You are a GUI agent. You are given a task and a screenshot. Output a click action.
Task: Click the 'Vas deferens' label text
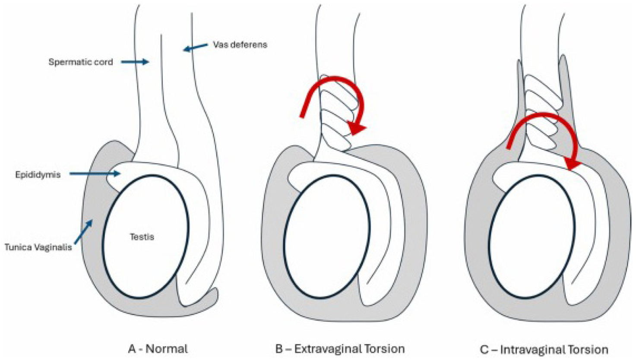coord(240,44)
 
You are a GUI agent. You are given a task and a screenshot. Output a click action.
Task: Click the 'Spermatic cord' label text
coord(80,62)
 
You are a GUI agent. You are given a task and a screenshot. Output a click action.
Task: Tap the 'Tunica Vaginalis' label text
coord(38,247)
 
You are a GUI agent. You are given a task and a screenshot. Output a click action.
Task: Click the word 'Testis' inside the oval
coord(142,237)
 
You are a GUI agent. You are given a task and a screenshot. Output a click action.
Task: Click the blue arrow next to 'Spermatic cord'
coord(135,62)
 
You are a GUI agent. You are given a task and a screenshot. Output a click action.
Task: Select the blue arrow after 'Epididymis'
coord(95,174)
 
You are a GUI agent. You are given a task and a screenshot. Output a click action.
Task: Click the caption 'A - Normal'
coord(158,348)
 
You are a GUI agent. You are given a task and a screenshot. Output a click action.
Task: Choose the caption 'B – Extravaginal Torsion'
coord(340,348)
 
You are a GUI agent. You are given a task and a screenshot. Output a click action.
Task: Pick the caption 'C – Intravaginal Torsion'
coord(544,349)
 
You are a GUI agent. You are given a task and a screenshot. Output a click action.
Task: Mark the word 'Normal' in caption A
coord(166,348)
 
